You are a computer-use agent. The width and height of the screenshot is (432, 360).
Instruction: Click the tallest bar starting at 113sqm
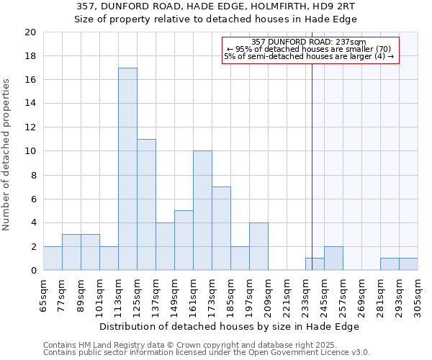127,169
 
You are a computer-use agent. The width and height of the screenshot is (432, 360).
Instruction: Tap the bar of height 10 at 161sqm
202,210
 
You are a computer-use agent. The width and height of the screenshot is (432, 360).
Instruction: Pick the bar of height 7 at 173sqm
221,228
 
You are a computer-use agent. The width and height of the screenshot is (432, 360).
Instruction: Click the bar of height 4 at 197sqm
258,246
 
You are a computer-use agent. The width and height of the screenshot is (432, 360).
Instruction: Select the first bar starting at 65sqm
53,258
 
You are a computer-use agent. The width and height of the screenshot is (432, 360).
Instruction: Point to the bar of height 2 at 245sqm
333,258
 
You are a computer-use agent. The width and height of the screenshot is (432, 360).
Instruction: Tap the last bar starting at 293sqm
408,264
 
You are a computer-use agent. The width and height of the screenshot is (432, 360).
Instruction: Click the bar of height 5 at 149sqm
184,240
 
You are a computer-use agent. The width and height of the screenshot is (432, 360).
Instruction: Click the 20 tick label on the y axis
30,32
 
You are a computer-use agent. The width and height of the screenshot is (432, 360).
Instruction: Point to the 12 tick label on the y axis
30,127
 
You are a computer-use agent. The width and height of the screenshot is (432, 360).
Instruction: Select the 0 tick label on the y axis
32,270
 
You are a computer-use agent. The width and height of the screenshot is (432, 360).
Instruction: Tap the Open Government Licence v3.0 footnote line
207,352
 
